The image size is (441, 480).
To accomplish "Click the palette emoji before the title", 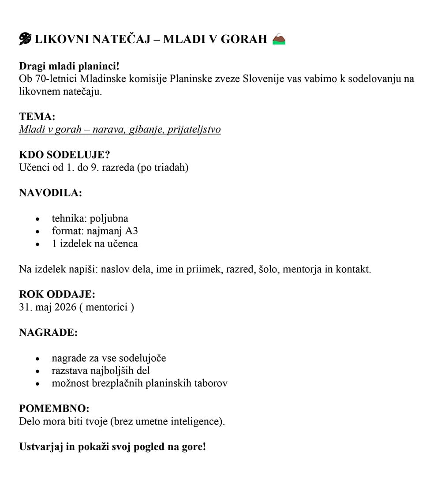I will coord(25,39).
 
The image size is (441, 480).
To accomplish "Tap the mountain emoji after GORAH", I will coord(279,39).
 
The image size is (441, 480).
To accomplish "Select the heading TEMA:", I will coord(37,116).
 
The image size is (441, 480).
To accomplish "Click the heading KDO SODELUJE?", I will coord(64,155).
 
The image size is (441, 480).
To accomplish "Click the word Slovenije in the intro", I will coord(263,79).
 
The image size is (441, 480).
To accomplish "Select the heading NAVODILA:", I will coord(50,193).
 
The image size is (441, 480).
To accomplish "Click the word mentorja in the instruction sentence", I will coord(302,269).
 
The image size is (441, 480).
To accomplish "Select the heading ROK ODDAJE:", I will coord(57,294).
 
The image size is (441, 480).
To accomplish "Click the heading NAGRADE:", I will coord(49,332).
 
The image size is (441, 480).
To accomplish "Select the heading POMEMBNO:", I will coord(54,409).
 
